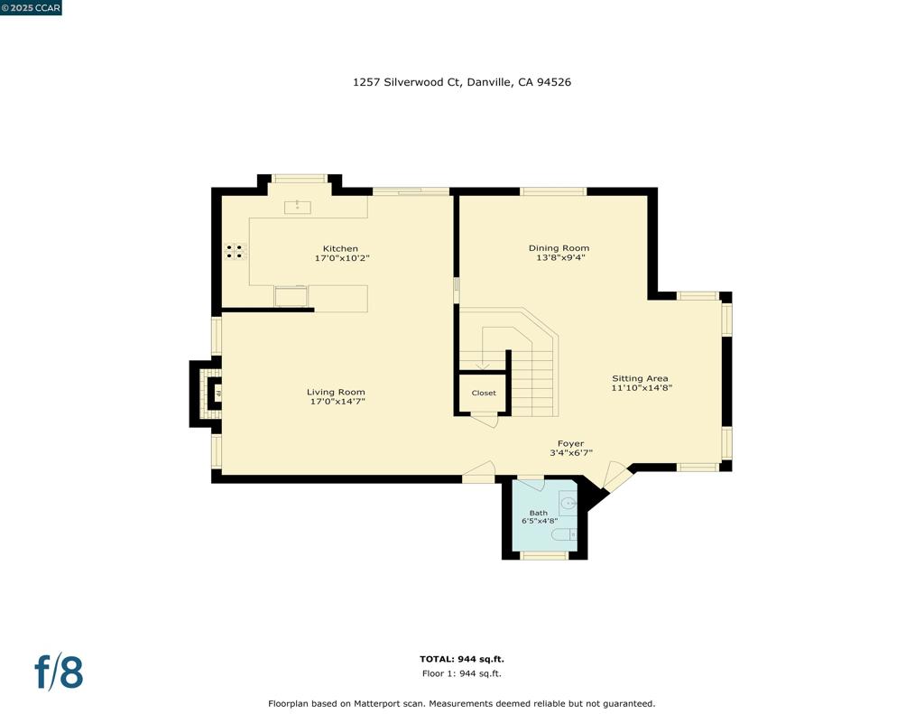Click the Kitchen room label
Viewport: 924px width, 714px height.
340,248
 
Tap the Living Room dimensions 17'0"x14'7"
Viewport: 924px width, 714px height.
337,402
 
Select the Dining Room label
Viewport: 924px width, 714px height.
559,248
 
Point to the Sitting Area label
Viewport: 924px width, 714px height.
640,378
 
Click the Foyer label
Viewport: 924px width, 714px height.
570,443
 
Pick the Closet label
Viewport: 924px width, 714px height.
484,393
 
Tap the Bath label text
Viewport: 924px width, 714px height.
538,513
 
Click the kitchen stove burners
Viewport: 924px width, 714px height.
235,252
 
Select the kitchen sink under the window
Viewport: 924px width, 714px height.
298,208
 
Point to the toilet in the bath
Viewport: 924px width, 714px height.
564,535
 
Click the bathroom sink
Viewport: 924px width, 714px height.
568,503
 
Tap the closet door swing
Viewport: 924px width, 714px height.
485,419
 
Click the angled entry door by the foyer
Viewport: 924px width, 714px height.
616,476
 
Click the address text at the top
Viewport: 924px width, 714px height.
461,82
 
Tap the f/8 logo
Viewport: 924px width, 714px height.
59,672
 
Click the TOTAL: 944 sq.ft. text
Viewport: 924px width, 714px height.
461,659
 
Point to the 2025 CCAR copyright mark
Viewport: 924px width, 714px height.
32,8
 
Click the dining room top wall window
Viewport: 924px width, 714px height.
553,191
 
